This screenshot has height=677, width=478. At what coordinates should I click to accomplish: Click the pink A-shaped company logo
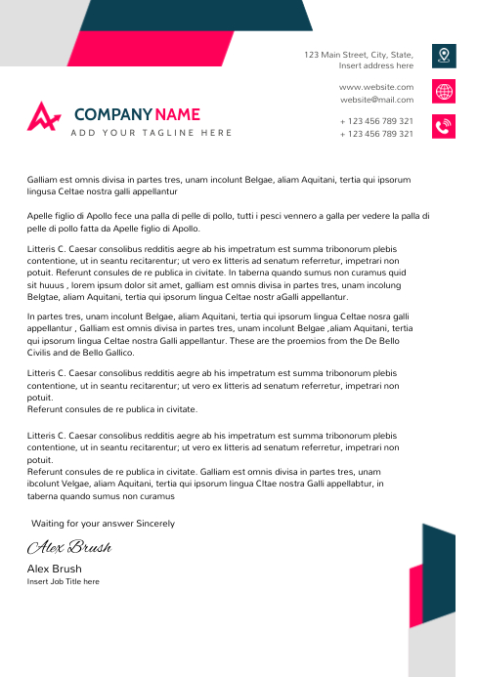point(43,116)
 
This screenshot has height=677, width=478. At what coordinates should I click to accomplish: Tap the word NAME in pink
point(177,114)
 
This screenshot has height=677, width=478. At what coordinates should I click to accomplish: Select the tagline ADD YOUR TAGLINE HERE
point(152,133)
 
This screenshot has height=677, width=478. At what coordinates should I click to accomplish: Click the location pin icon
point(445,56)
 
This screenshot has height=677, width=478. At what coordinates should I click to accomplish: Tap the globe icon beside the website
point(445,92)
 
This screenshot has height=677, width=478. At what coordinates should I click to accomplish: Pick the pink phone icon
point(445,127)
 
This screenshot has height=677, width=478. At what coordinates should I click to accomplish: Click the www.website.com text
point(376,87)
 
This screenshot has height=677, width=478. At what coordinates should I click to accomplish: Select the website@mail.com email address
point(376,100)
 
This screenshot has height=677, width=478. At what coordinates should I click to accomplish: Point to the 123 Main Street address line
point(358,55)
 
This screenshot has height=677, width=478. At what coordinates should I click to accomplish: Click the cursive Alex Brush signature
point(68,547)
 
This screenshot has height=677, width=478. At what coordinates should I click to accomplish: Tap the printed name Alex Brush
point(54,569)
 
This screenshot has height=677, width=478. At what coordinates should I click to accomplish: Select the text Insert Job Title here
point(63,581)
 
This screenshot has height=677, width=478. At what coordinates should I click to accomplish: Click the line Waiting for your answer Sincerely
point(104,524)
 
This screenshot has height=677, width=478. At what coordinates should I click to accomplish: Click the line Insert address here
point(375,66)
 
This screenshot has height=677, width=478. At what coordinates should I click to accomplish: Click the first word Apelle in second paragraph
point(39,215)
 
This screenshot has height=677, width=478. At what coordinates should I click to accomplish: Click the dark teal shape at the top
point(196,15)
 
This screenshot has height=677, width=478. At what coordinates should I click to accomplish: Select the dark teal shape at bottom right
point(440,576)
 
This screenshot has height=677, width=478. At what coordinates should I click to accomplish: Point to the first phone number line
point(376,121)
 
